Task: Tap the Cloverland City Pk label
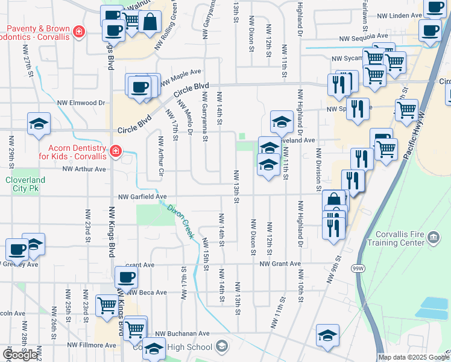click(25, 184)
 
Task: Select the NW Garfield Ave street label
click(142, 197)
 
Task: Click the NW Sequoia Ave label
click(364, 38)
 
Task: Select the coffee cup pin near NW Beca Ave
click(126, 278)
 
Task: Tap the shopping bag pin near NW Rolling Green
click(150, 22)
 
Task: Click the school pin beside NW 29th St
click(39, 125)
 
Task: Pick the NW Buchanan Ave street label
click(182, 334)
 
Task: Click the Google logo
click(20, 355)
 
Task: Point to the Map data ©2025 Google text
click(413, 357)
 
